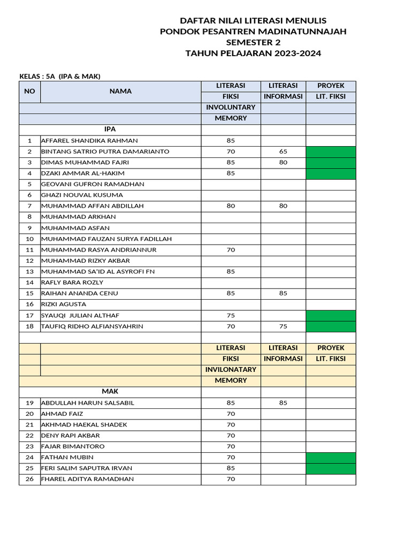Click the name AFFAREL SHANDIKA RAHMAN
coord(89,141)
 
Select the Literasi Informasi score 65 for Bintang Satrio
coord(283,152)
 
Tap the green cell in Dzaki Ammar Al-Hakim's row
coord(330,173)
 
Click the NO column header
coord(29,92)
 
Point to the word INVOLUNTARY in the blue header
coord(231,108)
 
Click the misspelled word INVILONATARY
coord(231,370)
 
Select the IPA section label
coord(110,130)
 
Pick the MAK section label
coord(110,392)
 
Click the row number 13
coord(29,272)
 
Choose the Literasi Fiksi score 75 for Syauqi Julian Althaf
coord(231,316)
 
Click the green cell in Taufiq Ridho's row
coord(330,326)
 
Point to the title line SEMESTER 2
coord(253,43)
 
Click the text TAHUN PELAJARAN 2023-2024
coord(253,54)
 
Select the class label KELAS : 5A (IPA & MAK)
coord(60,76)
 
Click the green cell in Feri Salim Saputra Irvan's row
coord(330,468)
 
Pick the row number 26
coord(29,479)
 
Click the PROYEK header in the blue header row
coord(330,86)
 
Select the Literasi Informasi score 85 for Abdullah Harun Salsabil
coord(283,403)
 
